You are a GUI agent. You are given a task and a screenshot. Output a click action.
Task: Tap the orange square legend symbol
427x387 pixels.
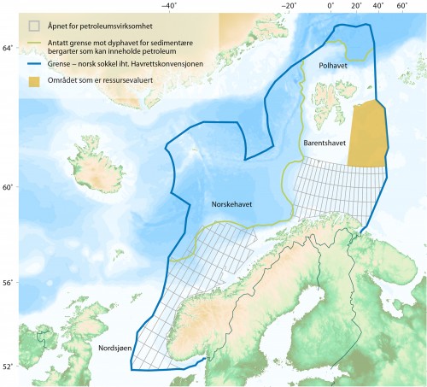click(35, 82)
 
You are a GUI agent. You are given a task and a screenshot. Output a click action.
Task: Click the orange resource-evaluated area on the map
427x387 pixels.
click(367, 132)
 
